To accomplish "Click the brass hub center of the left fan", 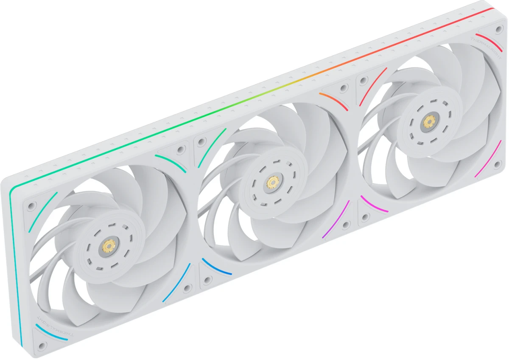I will click(x=109, y=245).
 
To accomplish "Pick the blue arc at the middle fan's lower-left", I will click(x=216, y=267).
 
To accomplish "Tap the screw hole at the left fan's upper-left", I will click(x=31, y=207).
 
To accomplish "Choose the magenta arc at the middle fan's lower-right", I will click(x=336, y=219).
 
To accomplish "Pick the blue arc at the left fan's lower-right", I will click(x=176, y=283).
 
